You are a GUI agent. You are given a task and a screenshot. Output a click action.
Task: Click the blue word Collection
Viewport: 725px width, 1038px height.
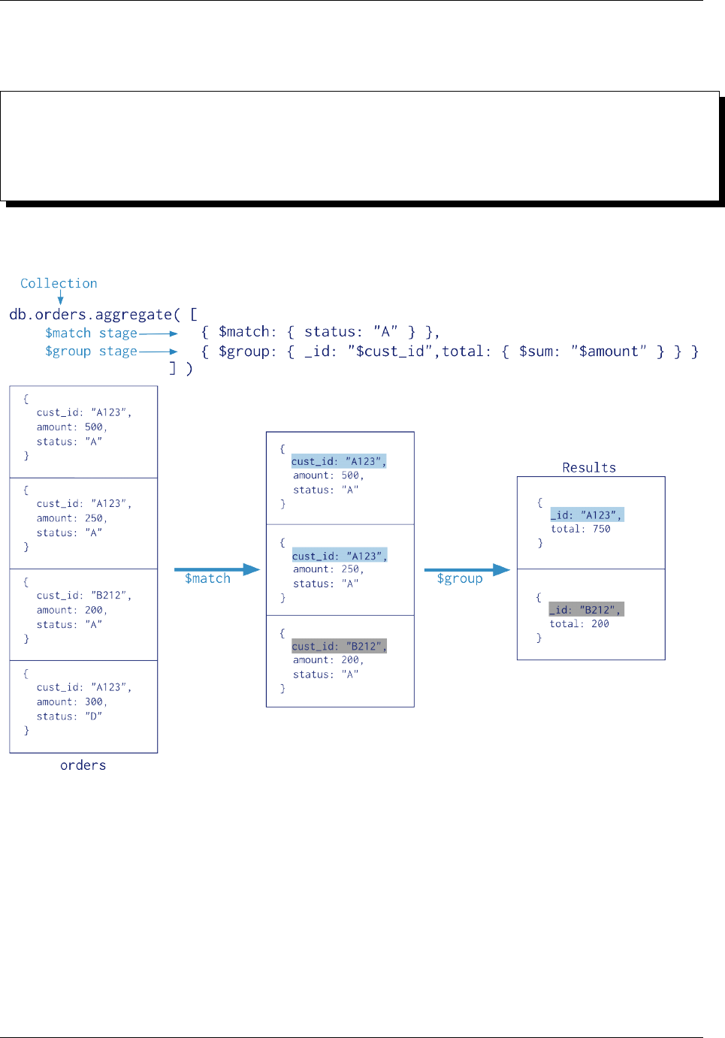pos(59,283)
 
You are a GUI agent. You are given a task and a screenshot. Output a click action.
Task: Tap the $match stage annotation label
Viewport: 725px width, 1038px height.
pos(91,333)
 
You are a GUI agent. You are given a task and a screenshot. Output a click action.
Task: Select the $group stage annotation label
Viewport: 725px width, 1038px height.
pos(91,351)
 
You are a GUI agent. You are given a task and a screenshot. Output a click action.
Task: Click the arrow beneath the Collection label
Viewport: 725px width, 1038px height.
pos(60,297)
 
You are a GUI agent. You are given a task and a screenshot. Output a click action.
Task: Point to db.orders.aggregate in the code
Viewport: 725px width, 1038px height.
pos(90,314)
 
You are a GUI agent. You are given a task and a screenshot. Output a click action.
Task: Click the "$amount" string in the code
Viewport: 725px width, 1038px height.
pos(608,351)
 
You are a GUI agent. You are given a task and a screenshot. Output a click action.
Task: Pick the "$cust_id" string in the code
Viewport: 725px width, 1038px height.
pos(391,351)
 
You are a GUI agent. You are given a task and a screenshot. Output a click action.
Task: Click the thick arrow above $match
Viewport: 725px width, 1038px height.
pos(216,569)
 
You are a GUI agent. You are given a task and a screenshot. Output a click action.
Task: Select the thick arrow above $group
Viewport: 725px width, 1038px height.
pos(467,569)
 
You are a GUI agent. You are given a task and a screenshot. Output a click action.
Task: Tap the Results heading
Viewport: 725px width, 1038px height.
pos(589,467)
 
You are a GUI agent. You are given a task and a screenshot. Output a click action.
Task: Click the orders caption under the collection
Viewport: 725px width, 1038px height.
pos(83,765)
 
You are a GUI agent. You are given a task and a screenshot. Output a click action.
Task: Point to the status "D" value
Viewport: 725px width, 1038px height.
pos(93,717)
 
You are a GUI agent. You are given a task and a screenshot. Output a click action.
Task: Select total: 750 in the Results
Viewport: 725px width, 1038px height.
pos(580,529)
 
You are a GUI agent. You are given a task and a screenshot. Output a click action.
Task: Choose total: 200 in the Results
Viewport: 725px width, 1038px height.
pos(578,623)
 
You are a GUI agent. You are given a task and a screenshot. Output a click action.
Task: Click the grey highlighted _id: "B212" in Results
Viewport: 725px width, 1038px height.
pos(586,609)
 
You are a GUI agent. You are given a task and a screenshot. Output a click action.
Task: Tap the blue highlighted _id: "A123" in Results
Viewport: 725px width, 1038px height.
pos(586,514)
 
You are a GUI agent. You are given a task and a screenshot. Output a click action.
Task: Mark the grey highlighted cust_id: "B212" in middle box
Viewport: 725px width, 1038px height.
pos(339,646)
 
